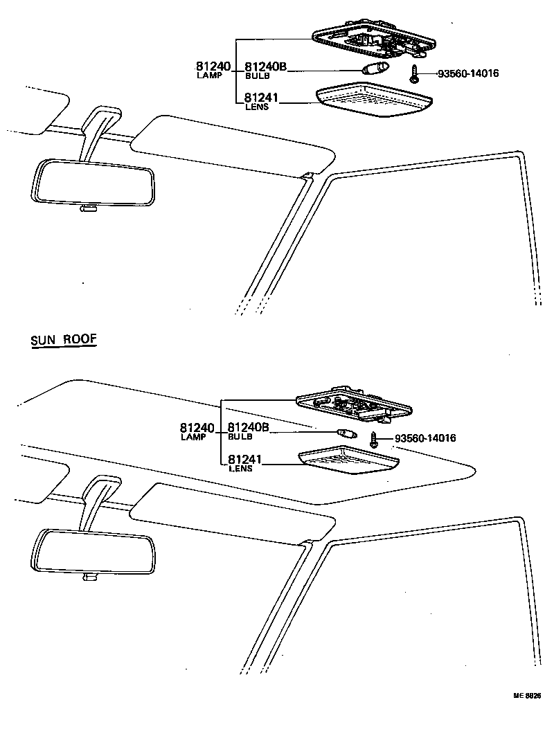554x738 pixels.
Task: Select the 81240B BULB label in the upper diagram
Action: tap(265, 70)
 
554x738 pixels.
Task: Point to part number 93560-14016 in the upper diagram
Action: tap(467, 73)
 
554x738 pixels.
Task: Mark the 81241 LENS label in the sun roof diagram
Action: tap(244, 463)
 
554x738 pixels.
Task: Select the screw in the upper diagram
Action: tap(413, 73)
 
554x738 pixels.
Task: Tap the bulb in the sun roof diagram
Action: tap(345, 433)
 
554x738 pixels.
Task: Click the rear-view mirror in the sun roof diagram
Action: tap(94, 552)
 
